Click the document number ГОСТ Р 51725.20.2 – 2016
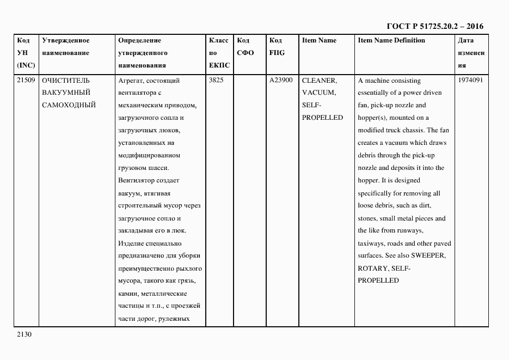coord(434,26)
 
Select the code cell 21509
coord(26,81)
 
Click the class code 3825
coord(216,81)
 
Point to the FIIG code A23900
coord(281,81)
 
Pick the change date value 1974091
coord(470,81)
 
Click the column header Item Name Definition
coord(391,41)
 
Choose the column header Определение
coord(139,41)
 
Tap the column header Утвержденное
coord(65,41)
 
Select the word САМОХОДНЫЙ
coord(69,105)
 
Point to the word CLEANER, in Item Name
coord(319,81)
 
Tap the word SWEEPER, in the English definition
coord(428,256)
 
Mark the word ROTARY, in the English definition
coord(372,269)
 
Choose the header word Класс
coord(218,41)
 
